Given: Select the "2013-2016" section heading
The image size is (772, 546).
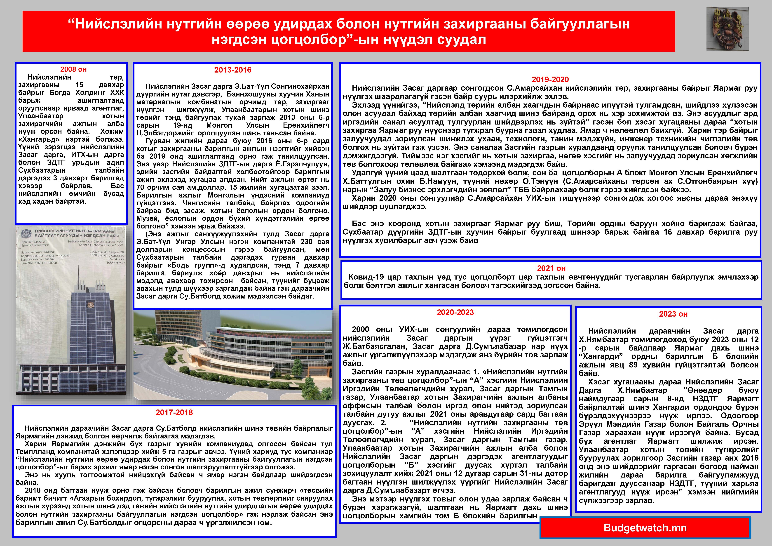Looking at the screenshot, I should (x=233, y=70).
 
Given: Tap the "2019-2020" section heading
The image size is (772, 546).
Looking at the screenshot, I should (x=550, y=80).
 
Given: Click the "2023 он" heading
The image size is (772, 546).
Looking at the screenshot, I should (x=669, y=314).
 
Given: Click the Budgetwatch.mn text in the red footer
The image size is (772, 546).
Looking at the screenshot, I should (x=645, y=527).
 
